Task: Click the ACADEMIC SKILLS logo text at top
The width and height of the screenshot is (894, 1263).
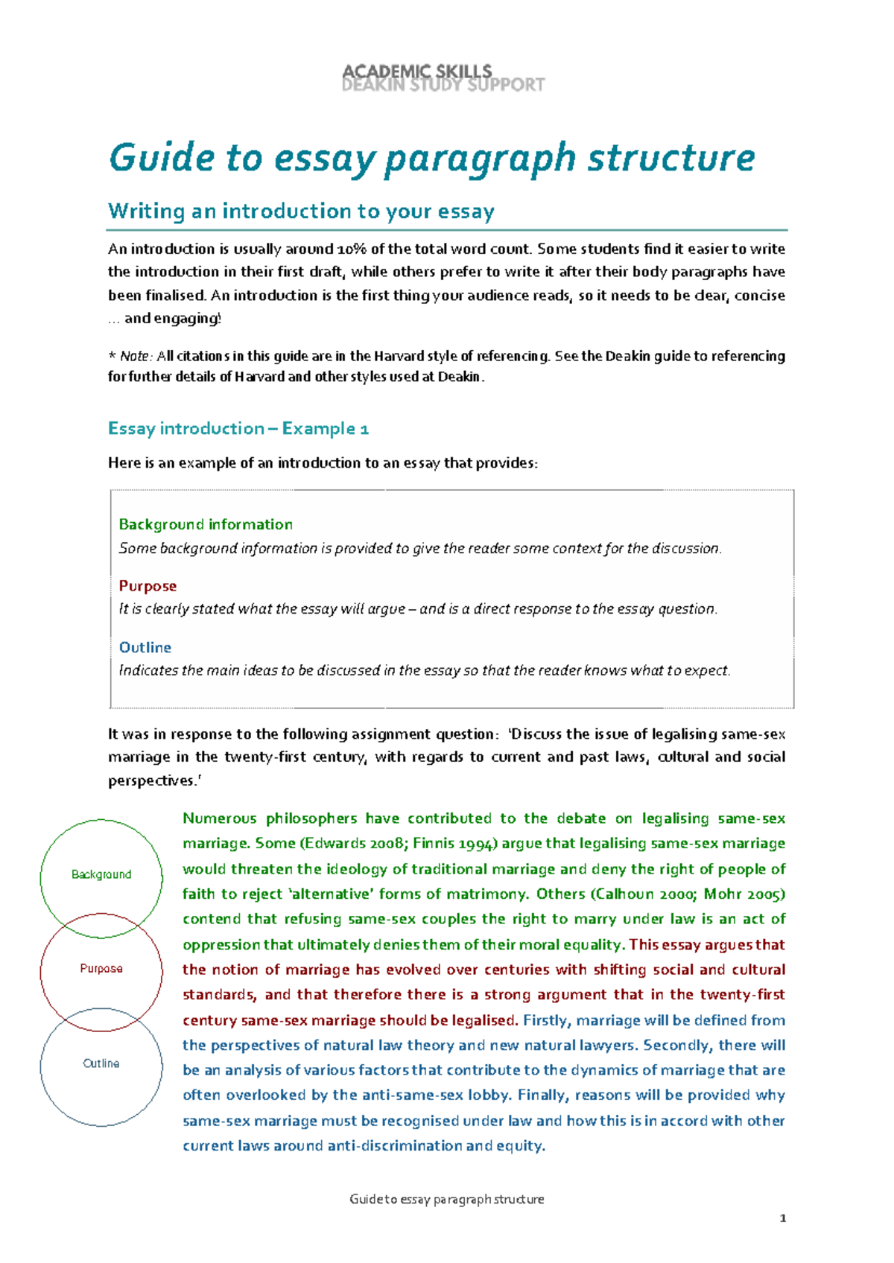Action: [x=417, y=71]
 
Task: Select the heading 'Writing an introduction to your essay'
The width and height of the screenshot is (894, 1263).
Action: [x=301, y=211]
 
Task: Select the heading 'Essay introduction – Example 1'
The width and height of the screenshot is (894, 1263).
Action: [x=238, y=429]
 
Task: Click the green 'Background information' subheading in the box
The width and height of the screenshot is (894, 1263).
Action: [x=206, y=525]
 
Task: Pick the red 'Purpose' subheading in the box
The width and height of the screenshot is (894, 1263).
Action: [x=148, y=587]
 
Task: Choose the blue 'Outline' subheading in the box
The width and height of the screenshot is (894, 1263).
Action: [x=145, y=648]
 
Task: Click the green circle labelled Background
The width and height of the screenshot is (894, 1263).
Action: [x=101, y=874]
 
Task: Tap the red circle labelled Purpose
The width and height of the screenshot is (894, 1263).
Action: [x=101, y=969]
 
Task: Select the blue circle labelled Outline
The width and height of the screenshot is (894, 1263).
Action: [x=101, y=1063]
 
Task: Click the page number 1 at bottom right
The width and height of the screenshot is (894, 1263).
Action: [x=782, y=1218]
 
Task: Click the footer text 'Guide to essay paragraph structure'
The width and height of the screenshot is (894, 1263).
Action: [x=446, y=1199]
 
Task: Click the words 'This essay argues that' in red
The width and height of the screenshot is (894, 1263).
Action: [x=706, y=945]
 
